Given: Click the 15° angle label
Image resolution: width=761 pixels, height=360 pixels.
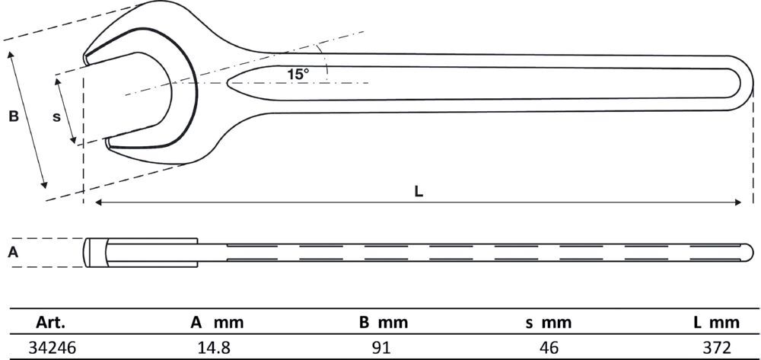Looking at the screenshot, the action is click(x=298, y=75).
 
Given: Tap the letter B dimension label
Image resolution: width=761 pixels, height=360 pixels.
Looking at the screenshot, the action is click(x=14, y=116).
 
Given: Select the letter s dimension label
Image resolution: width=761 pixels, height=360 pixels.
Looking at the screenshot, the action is click(x=56, y=117).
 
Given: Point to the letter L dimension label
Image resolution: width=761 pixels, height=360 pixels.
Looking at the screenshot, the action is click(x=419, y=192).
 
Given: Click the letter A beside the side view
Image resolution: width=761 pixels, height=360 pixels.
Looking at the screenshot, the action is click(x=14, y=252).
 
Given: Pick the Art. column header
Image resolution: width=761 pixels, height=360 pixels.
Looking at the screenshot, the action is click(x=51, y=322).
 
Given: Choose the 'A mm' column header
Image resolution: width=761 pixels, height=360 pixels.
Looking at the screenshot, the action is click(x=216, y=322).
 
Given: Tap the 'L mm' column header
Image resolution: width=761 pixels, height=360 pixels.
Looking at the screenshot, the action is click(x=716, y=322).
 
